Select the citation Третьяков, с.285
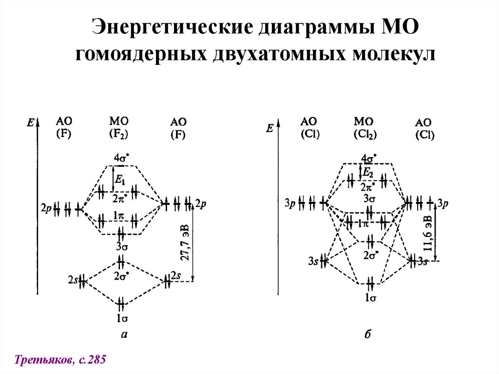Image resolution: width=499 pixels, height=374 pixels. coord(60,360)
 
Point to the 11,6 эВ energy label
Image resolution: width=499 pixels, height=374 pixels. coord(427,233)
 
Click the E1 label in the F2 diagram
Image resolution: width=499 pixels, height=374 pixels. coord(119,179)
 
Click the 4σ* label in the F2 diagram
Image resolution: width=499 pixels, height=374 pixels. coord(121,158)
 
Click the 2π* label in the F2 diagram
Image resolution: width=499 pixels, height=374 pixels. coord(118,198)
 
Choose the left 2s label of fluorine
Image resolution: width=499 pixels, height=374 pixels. coord(73,280)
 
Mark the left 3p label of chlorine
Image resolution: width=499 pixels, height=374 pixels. coord(289,202)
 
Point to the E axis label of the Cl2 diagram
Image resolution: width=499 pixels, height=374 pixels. coord(269,128)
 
